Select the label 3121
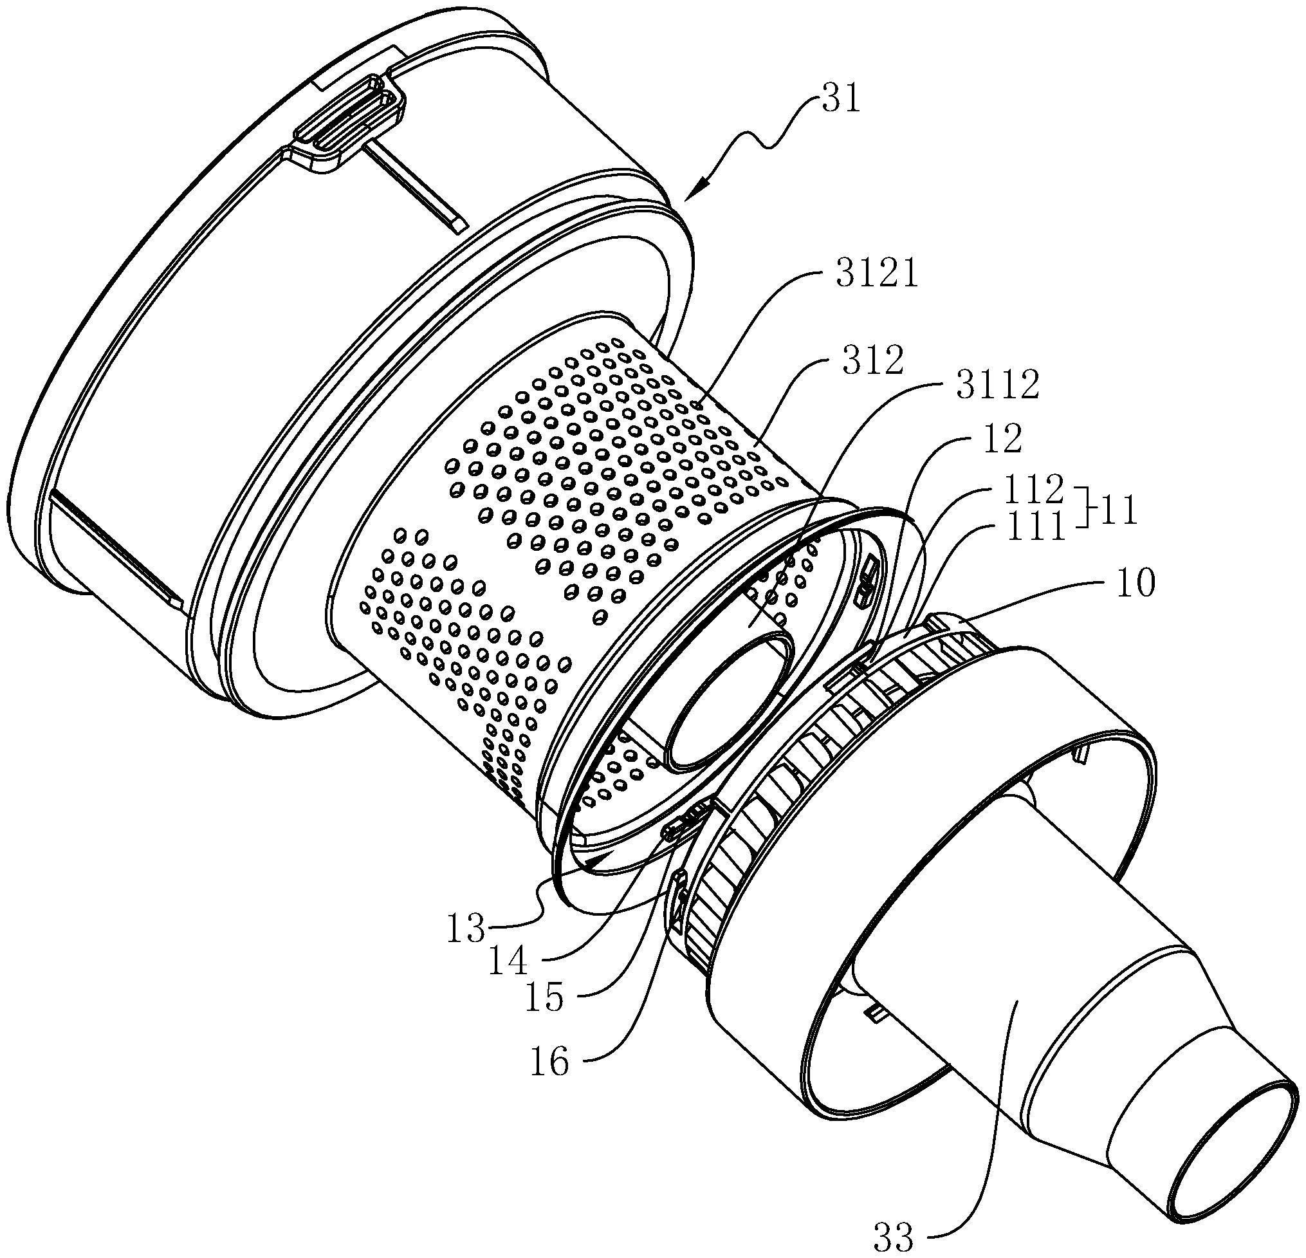coord(876,275)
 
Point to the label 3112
coord(997,386)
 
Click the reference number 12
coord(1000,440)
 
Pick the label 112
coord(1034,490)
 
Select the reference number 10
coord(1132,584)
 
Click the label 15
coord(544,998)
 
